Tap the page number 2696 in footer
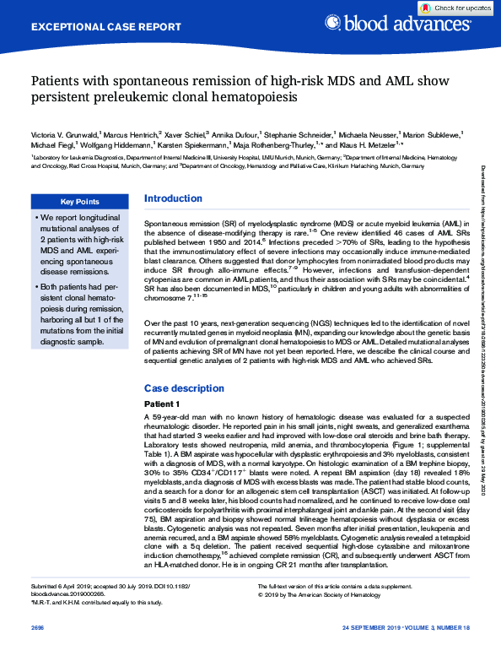click(x=37, y=650)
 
